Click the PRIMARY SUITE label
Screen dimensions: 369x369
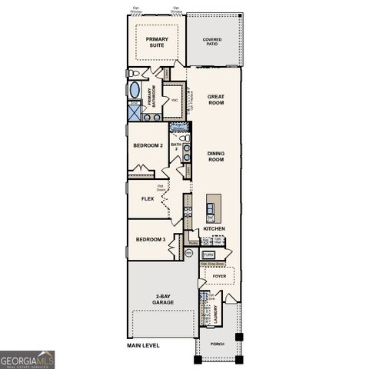(x=156, y=42)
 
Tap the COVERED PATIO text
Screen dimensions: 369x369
(x=212, y=42)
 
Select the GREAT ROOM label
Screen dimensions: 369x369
(x=216, y=99)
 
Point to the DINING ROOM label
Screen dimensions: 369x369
(x=216, y=156)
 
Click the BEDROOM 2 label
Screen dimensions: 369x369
(x=148, y=145)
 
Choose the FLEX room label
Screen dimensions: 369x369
(x=148, y=198)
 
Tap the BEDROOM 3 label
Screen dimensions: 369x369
(x=151, y=239)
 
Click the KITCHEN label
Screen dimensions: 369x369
(x=214, y=228)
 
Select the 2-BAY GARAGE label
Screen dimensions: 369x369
(x=162, y=300)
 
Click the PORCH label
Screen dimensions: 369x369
(x=218, y=344)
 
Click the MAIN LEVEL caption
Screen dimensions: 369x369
(x=145, y=346)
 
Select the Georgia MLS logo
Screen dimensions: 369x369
(x=28, y=359)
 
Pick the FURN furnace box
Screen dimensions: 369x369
(x=208, y=254)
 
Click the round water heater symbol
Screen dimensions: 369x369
(x=189, y=253)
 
